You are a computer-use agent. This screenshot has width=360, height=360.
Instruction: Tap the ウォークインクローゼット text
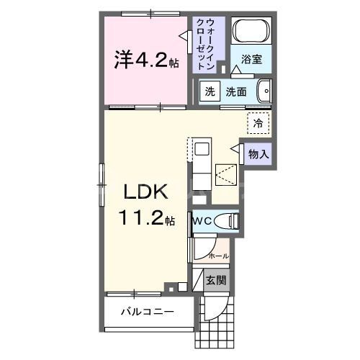tap(209, 45)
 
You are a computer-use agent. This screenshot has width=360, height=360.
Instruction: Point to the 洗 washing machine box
tap(209, 92)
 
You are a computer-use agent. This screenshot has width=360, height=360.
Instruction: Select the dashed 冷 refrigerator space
tap(257, 123)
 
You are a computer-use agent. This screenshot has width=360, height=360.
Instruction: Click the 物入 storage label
tap(258, 153)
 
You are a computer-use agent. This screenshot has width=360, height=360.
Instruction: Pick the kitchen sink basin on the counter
tap(202, 150)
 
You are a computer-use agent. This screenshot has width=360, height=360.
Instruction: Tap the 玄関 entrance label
tap(215, 280)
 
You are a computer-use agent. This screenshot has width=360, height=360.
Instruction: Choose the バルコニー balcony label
tap(147, 312)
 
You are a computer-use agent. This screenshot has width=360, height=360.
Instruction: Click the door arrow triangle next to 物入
tap(235, 148)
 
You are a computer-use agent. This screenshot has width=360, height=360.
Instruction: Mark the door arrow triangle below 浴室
tap(235, 69)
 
